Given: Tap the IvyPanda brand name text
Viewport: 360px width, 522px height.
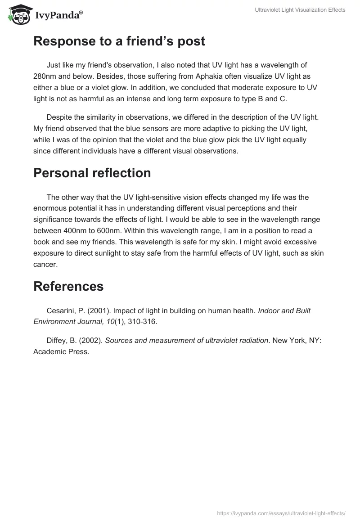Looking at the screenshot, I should (x=58, y=16).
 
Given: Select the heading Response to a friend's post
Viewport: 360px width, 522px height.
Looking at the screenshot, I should (x=119, y=41).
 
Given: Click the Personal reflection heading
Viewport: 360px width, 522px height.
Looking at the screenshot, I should (x=92, y=173).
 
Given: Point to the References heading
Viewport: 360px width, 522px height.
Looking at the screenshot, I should (x=68, y=286).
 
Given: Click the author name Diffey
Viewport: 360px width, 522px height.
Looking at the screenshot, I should (x=58, y=340).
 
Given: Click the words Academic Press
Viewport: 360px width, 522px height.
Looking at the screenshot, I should (x=61, y=352).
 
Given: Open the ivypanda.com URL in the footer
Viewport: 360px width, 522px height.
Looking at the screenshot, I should (x=281, y=513).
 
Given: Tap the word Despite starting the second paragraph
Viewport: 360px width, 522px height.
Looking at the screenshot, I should (x=60, y=117).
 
